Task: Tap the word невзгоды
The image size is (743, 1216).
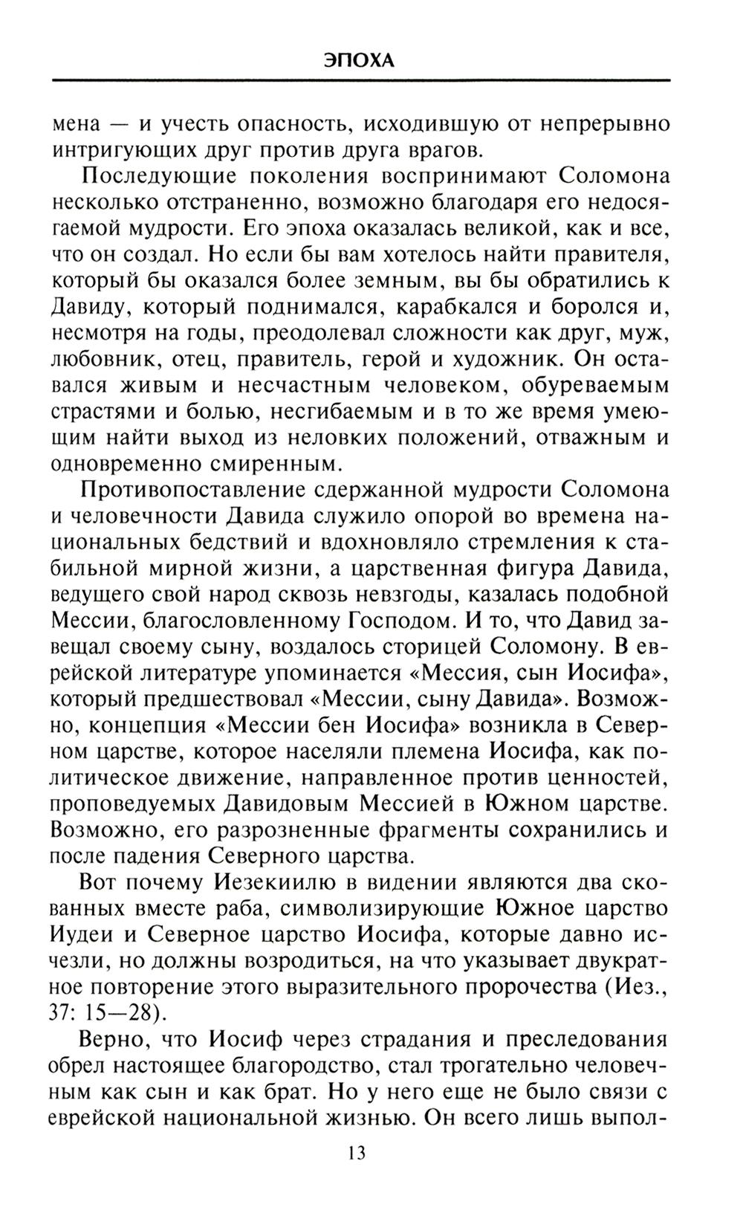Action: point(437,595)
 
